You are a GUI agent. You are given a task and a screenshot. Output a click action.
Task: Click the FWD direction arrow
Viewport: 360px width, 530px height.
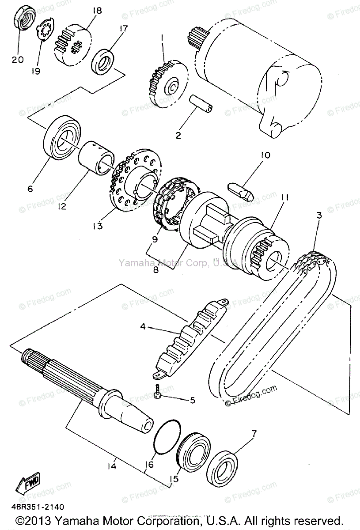click(x=28, y=482)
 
